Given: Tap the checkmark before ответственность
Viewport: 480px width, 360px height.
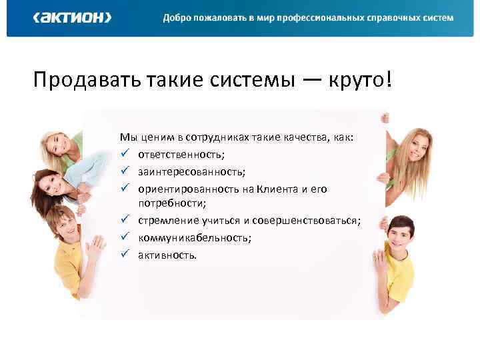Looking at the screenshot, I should (x=124, y=154).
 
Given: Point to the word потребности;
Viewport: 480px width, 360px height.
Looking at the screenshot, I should (x=172, y=203).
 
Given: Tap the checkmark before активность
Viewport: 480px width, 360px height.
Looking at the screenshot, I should (x=124, y=254).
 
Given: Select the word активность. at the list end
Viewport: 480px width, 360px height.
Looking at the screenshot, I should (x=167, y=255).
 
